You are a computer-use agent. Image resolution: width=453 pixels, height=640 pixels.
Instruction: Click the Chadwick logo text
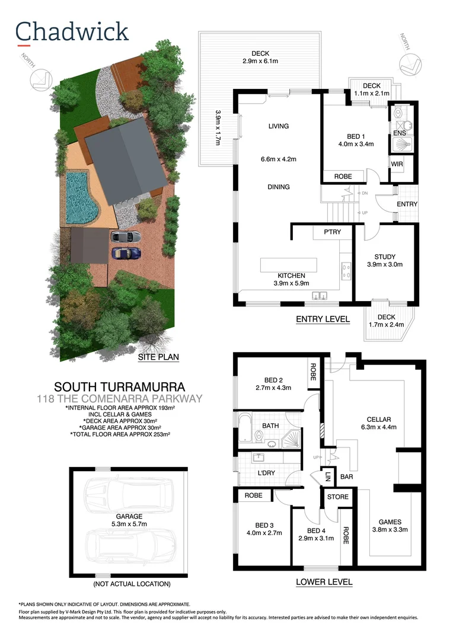(72, 31)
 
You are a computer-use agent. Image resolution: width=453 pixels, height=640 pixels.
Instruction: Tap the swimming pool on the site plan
(82, 197)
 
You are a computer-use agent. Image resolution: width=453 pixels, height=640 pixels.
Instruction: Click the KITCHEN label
(292, 276)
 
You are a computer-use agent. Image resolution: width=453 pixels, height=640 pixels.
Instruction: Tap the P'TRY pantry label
(332, 232)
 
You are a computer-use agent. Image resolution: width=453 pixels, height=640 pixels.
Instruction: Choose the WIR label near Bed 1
(397, 164)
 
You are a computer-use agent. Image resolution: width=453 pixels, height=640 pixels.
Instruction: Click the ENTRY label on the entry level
(407, 204)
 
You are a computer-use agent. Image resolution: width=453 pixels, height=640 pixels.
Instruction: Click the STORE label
(338, 497)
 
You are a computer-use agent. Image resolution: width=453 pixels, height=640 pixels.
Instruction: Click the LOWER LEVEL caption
(324, 582)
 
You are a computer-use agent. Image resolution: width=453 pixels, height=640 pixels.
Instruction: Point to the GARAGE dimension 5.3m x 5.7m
(129, 524)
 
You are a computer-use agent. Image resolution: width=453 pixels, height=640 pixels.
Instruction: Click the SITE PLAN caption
(158, 357)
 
